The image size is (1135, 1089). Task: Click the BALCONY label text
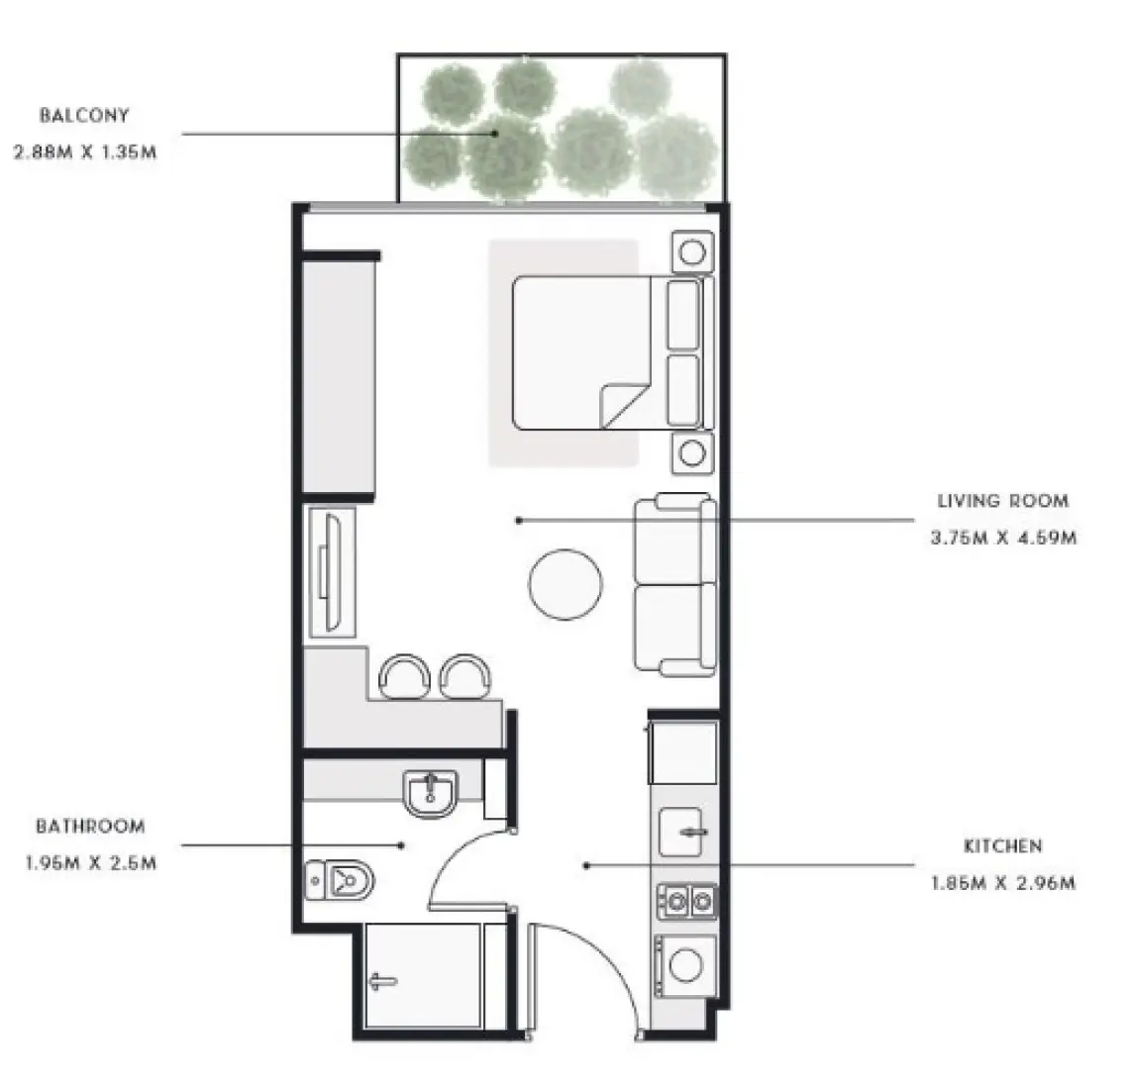click(x=84, y=115)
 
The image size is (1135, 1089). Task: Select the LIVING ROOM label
click(x=1002, y=501)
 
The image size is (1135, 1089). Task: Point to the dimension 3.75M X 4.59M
click(x=1002, y=539)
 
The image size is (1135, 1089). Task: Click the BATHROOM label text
click(x=90, y=825)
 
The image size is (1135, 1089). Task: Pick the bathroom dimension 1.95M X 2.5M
click(x=90, y=862)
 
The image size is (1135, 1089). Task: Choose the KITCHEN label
click(x=1002, y=846)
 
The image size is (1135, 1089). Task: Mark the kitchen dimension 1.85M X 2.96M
click(x=1002, y=883)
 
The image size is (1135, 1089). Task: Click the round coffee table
click(x=565, y=585)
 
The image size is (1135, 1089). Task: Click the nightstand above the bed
click(x=691, y=253)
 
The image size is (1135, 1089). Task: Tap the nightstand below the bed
click(x=691, y=453)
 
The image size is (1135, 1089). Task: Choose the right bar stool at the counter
click(x=464, y=676)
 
